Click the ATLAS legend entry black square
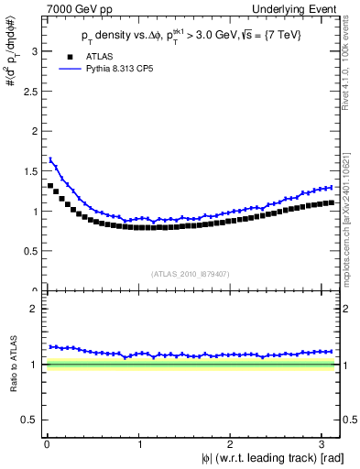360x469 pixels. pos(65,56)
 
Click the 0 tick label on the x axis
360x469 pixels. pos(46,444)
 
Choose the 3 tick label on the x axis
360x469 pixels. pos(322,444)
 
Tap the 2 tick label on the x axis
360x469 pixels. pos(231,444)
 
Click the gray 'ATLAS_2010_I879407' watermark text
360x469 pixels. pos(190,272)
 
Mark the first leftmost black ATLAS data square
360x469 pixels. pos(50,186)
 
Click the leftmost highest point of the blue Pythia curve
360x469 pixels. pos(50,159)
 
